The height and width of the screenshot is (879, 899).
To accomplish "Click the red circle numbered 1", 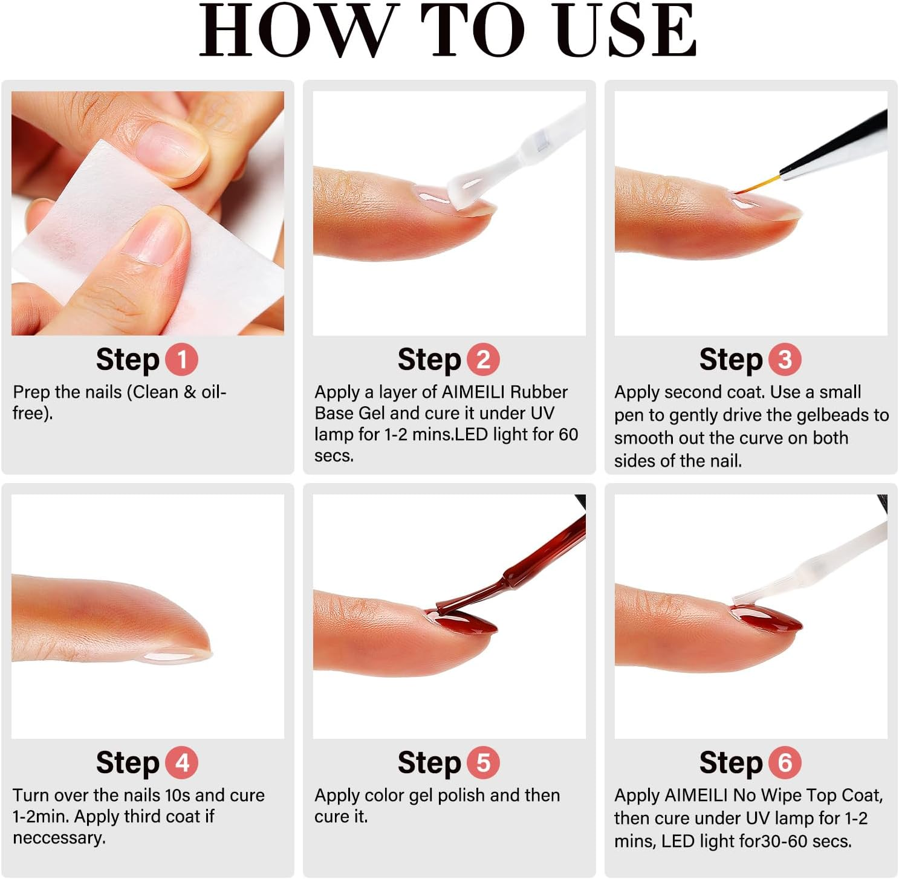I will point(181,360).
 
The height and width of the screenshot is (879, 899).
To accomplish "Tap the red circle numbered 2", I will point(483,360).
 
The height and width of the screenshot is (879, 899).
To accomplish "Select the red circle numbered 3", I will point(785,360).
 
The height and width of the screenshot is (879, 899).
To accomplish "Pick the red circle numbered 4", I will point(181,763).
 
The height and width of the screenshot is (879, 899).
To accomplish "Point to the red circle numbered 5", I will point(483,763).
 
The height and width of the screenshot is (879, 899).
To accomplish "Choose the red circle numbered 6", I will point(785,763).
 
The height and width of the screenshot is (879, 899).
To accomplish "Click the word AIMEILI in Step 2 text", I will point(474,392).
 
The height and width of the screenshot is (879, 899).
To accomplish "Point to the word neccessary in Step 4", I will point(59,838).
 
